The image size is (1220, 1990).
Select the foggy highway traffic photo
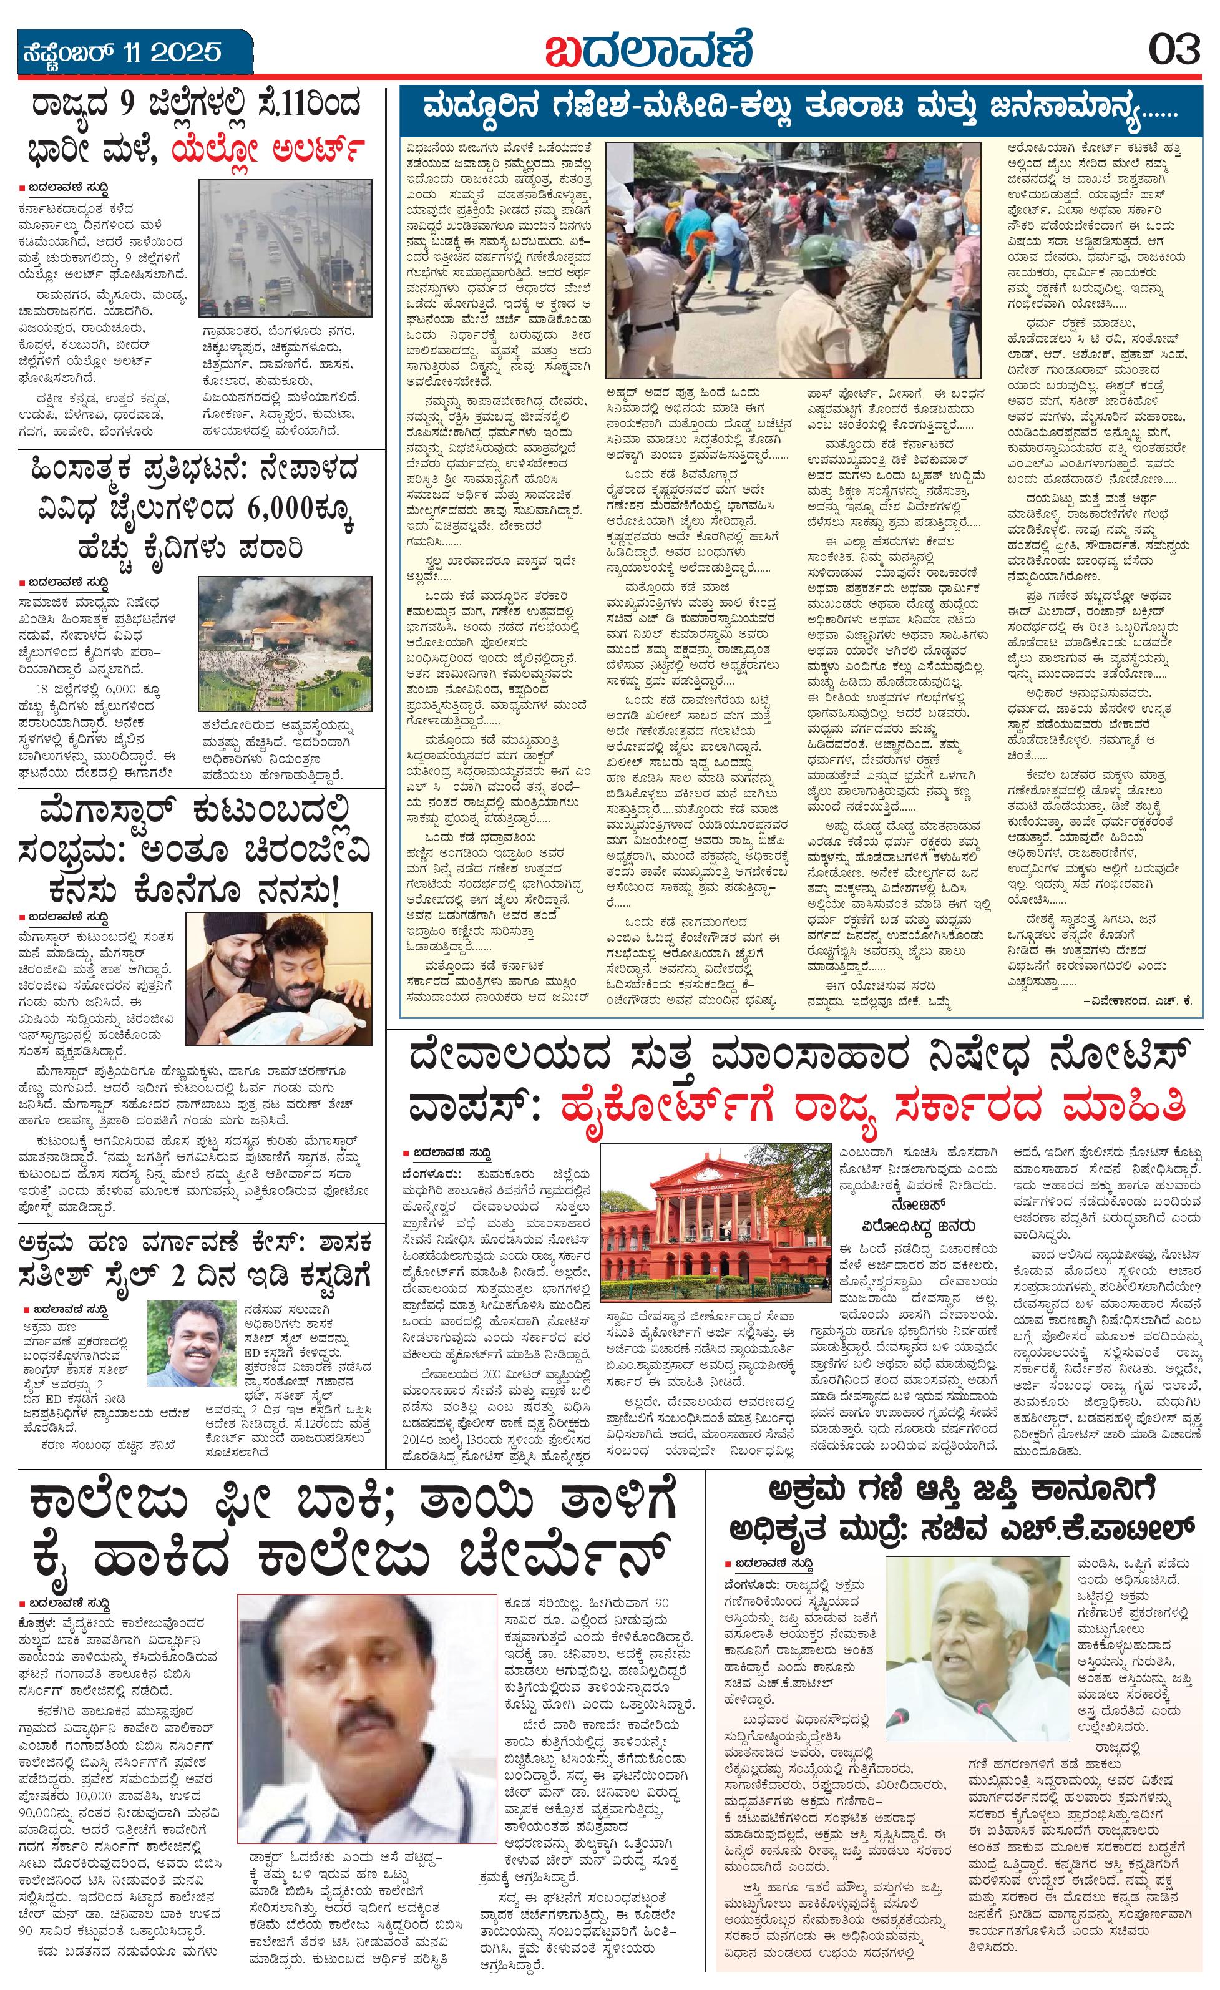(286, 248)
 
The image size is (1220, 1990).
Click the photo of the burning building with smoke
(285, 643)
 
